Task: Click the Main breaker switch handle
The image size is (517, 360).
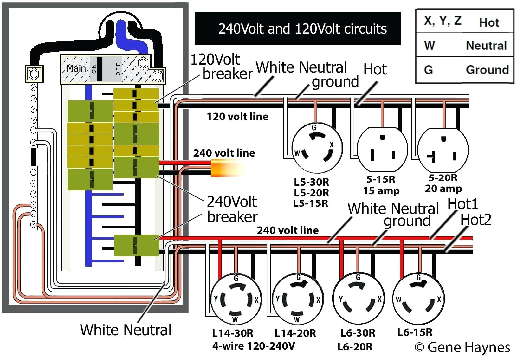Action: coord(100,69)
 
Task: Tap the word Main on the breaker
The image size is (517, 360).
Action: coord(76,68)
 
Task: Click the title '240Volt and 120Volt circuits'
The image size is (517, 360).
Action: coord(302,29)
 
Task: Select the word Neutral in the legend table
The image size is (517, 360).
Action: coord(486,46)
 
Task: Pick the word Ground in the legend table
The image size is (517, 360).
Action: coord(487,70)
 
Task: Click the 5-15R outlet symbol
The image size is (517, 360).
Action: coord(382,149)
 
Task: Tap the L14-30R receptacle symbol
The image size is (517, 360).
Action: coord(236,299)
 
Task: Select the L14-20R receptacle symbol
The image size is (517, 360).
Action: coord(297,299)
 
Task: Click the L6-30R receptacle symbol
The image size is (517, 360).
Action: coord(358,299)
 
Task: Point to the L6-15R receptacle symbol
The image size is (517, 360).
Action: coord(418,299)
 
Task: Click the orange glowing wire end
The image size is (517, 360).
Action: coord(226,168)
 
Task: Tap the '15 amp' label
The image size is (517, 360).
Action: coord(381,191)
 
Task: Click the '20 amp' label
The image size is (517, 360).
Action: coord(443,189)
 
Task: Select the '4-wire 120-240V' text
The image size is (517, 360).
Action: coord(254,346)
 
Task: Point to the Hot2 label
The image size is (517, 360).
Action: coord(476,220)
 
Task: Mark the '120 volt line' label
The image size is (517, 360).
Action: coord(237,117)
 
